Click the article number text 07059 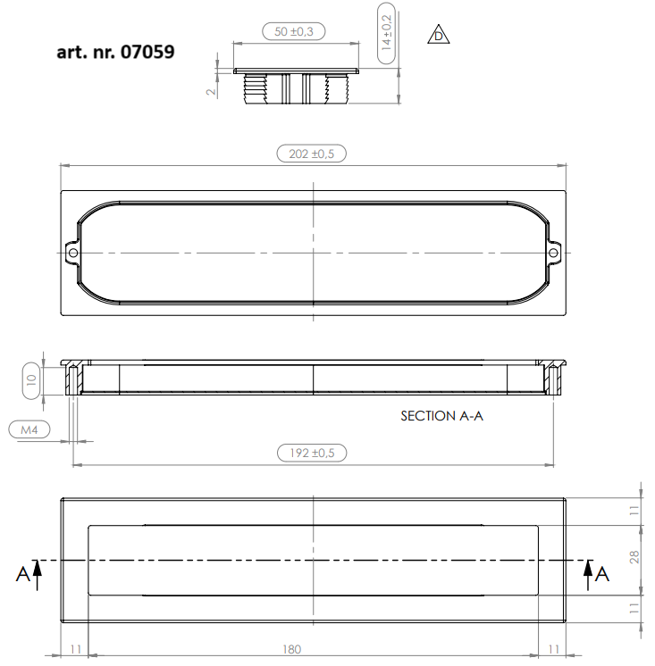click(147, 52)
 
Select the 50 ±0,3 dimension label click(294, 31)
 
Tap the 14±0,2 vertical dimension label click(386, 33)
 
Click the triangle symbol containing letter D click(438, 35)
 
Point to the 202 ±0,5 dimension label click(312, 154)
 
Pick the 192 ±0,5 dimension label click(312, 453)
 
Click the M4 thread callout click(29, 429)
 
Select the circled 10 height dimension click(31, 380)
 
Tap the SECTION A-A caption click(442, 416)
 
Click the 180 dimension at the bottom click(291, 649)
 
